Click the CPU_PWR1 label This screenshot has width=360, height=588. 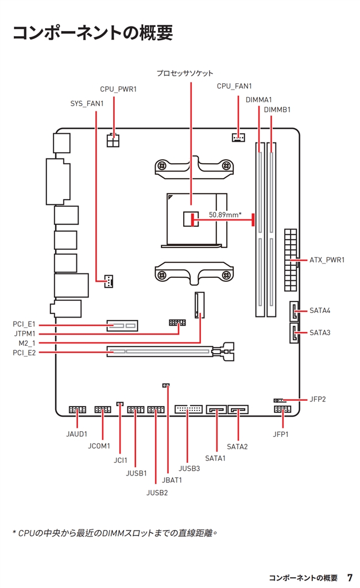pos(118,89)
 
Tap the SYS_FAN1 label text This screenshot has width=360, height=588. pos(87,103)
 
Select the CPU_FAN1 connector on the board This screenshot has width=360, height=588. pos(238,137)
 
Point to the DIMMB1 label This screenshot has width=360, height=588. pos(277,110)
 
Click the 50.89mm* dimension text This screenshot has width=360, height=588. pos(225,215)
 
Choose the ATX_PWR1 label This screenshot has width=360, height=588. pos(327,260)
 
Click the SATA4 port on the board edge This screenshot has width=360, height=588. pos(295,311)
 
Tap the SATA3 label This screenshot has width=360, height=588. pos(320,332)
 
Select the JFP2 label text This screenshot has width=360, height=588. pos(318,400)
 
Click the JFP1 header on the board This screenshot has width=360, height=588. pos(282,409)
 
